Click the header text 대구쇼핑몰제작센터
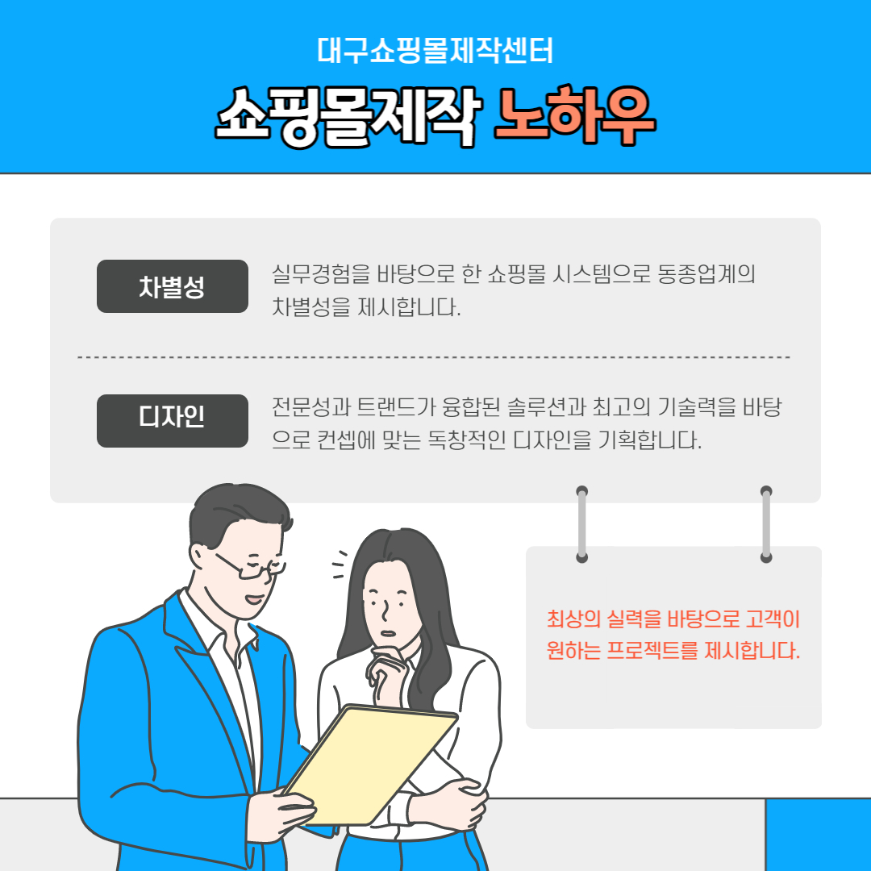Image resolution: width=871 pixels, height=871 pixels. click(x=435, y=51)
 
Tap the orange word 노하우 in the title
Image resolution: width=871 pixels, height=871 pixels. click(x=576, y=115)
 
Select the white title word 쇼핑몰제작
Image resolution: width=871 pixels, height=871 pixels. click(x=348, y=117)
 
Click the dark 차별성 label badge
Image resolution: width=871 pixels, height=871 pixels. click(x=173, y=286)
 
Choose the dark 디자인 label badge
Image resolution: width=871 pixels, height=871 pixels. click(x=173, y=420)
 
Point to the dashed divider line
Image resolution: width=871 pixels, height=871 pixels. click(x=434, y=357)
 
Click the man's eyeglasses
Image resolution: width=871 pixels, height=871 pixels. click(x=252, y=567)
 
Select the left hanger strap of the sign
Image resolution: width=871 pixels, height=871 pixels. click(x=581, y=524)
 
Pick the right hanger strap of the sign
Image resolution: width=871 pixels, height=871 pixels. click(x=766, y=524)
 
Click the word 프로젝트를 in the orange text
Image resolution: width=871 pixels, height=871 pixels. click(x=652, y=650)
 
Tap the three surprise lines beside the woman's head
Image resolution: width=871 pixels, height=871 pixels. click(x=340, y=565)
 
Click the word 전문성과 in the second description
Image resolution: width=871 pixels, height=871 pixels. click(x=311, y=407)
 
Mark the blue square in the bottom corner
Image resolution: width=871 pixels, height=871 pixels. click(x=819, y=835)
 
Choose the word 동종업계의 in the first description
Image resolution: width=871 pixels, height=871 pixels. click(x=706, y=273)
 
